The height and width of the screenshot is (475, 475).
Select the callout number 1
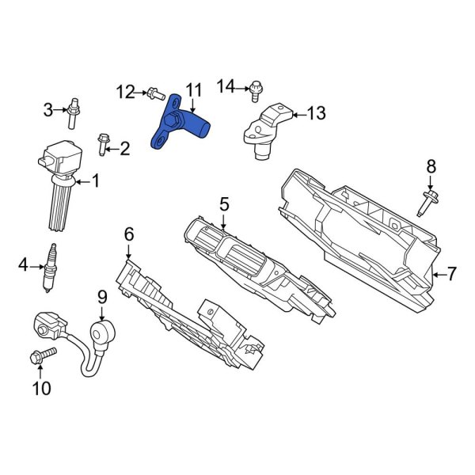[x=96, y=182]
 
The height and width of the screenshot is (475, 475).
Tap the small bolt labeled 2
[x=103, y=145]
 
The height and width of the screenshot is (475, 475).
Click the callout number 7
[x=451, y=275]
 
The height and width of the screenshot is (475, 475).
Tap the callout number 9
[x=101, y=297]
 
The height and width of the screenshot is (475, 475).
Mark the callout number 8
[x=431, y=165]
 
